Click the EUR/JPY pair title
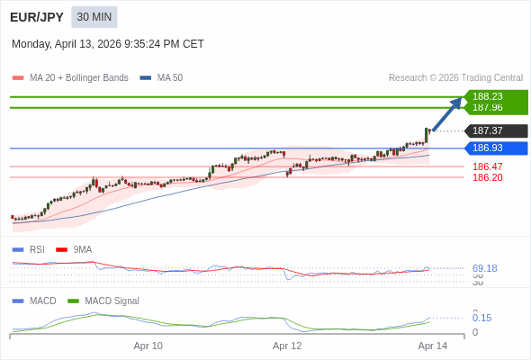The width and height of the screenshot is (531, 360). click(36, 17)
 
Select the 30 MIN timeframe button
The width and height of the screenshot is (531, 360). click(94, 17)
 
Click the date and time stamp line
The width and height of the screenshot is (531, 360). click(108, 44)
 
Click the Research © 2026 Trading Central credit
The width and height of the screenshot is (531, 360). click(455, 78)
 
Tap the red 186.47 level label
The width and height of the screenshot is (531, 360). click(487, 166)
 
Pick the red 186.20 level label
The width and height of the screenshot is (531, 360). click(487, 177)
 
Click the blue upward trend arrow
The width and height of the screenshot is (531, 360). click(446, 114)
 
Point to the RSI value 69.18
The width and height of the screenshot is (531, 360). click(484, 268)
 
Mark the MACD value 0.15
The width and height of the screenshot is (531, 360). click(481, 318)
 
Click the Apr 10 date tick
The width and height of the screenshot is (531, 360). click(148, 346)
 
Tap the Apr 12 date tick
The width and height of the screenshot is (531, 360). click(287, 346)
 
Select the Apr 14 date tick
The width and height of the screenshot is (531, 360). click(433, 346)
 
